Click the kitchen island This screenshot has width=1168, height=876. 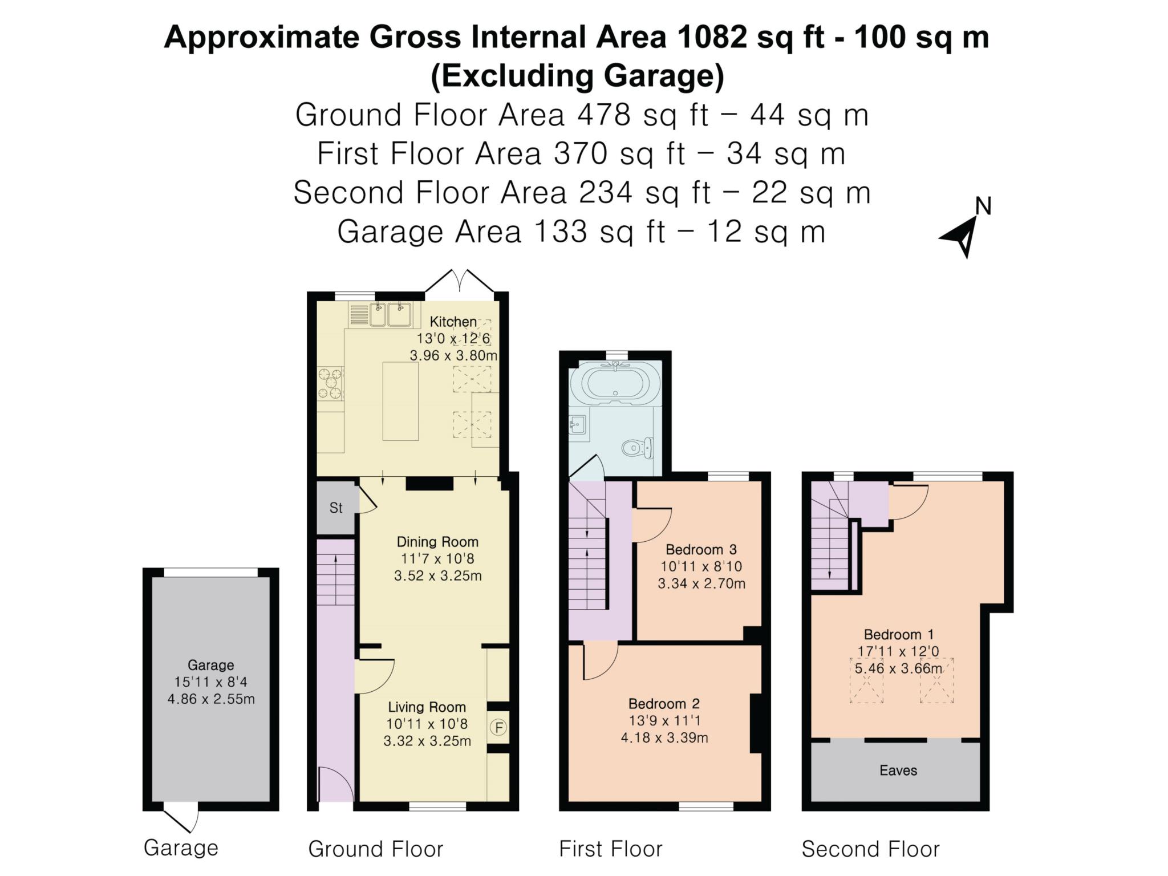click(x=400, y=401)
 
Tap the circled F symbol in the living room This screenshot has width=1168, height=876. click(x=499, y=728)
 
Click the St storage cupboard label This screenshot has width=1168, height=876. click(x=336, y=508)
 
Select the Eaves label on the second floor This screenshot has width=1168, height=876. click(x=898, y=770)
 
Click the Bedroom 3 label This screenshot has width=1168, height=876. click(x=701, y=549)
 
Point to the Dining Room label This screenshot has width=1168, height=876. click(x=437, y=541)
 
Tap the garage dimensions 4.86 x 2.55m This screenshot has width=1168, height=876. click(x=211, y=699)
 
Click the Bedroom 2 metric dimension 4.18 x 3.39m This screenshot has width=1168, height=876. click(x=664, y=737)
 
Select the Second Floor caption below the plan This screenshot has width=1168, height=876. click(x=870, y=849)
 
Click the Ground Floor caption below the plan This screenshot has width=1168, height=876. click(x=376, y=849)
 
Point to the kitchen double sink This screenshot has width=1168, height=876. click(x=391, y=315)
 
